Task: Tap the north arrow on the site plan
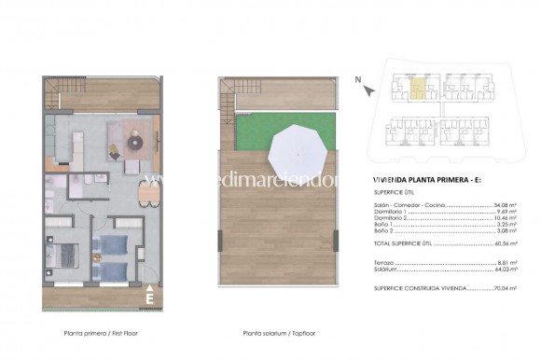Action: pos(368,90)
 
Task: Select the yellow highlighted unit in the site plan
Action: pos(419,90)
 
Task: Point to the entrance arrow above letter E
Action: pos(149,285)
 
